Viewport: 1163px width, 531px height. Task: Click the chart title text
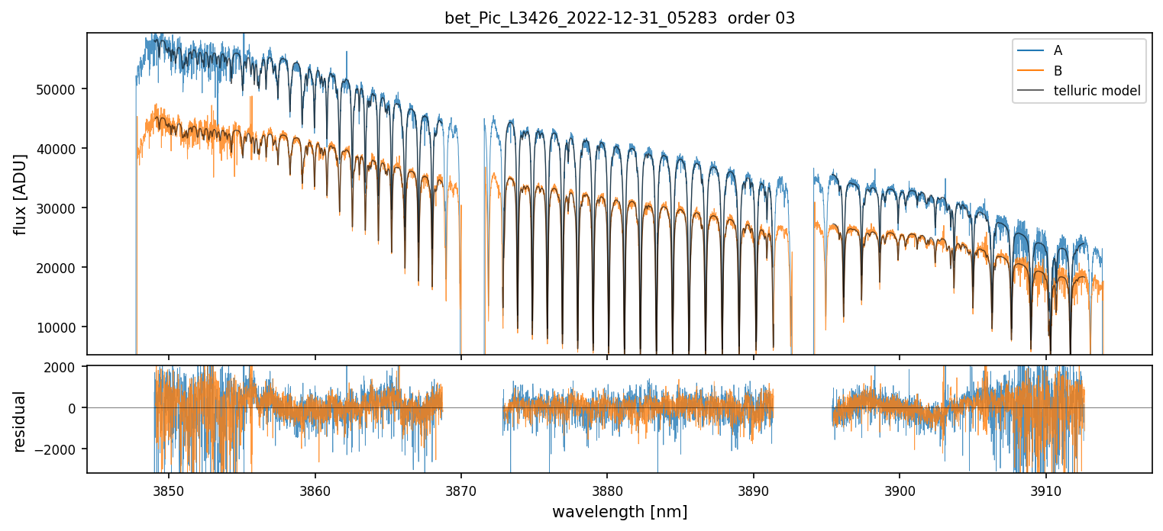pos(619,18)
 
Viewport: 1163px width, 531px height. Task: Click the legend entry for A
pos(1058,50)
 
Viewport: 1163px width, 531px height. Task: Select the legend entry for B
pos(1058,71)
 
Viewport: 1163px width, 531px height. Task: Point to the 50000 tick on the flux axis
pos(60,89)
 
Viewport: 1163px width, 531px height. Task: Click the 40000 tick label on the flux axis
pos(60,149)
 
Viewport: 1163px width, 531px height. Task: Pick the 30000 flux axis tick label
pos(60,208)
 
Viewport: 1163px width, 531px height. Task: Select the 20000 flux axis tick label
pos(60,268)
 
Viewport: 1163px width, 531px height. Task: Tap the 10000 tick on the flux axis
pos(60,327)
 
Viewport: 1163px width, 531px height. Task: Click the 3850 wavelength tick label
pos(169,488)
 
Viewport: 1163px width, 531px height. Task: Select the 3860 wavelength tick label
pos(315,488)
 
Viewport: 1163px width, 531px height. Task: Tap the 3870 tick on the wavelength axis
pos(461,488)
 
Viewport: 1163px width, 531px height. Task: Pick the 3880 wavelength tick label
pos(607,488)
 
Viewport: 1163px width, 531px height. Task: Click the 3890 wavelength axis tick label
pos(754,488)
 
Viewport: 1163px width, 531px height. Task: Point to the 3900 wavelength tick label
pos(900,488)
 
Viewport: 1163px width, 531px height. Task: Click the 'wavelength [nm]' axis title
pos(619,511)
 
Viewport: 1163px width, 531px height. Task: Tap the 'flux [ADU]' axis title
pos(20,194)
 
